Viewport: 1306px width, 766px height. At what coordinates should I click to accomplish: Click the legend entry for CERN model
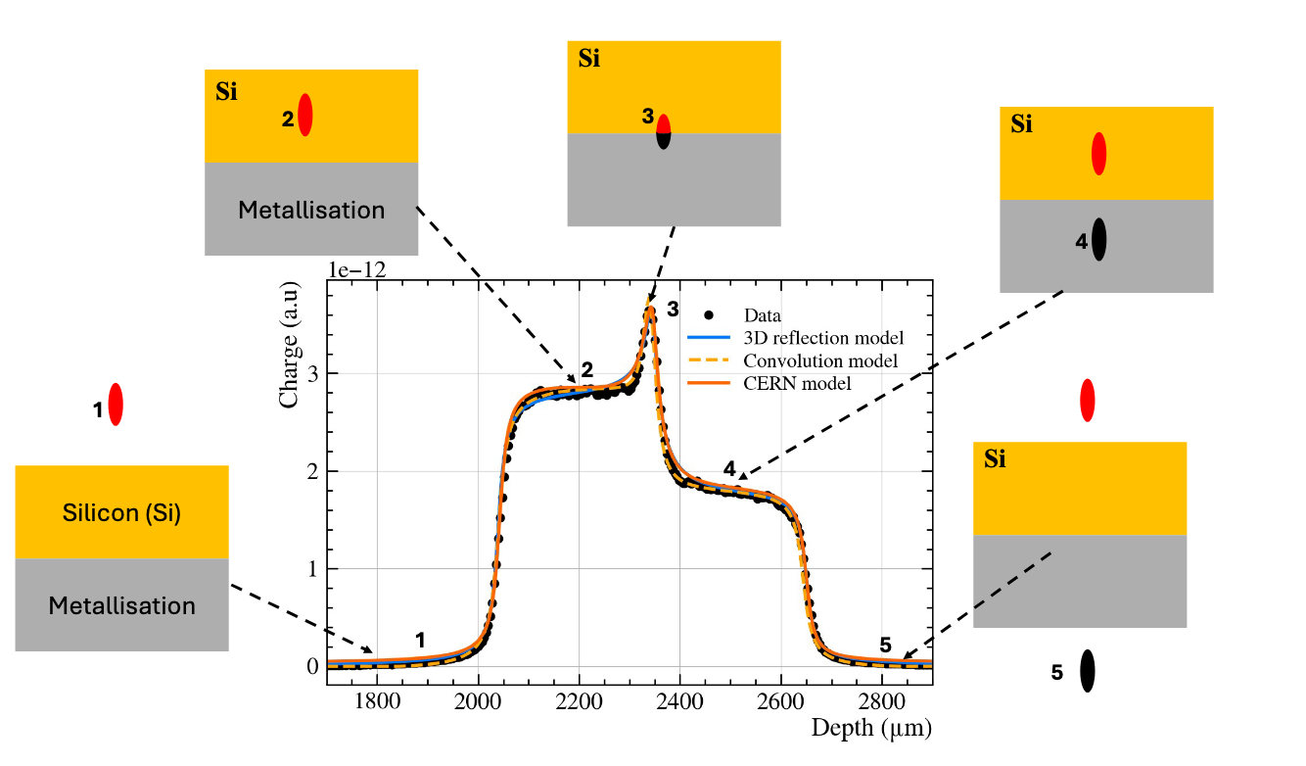point(797,383)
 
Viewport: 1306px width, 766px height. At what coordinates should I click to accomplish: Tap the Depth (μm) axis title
point(870,728)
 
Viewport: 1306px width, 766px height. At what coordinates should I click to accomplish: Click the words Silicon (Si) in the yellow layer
point(121,512)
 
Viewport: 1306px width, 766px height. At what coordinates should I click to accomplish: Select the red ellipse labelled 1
point(116,406)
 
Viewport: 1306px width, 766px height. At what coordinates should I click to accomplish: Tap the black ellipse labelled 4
point(1099,239)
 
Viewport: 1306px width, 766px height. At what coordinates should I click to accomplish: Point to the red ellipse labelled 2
point(305,115)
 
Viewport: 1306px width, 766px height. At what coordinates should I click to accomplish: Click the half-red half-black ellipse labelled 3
point(664,131)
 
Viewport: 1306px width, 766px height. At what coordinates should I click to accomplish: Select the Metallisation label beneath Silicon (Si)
point(121,605)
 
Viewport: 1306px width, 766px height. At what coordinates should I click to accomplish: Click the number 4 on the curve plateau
point(729,468)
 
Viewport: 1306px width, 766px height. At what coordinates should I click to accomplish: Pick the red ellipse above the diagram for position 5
point(1087,401)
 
